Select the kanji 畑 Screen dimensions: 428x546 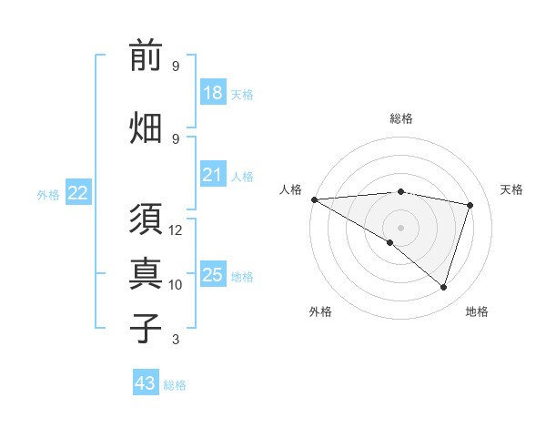[146, 127]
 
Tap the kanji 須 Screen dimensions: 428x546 [146, 219]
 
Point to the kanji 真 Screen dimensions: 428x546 [146, 273]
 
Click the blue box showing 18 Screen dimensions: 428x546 [213, 93]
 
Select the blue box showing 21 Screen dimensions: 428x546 [213, 175]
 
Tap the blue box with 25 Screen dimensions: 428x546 [213, 275]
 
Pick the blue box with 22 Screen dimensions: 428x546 [78, 192]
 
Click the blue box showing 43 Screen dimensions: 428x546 [146, 383]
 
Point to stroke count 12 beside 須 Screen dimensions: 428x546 [176, 230]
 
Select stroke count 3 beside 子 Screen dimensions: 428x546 [176, 340]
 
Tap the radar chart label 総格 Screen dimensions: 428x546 [401, 118]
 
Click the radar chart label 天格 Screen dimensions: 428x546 [511, 189]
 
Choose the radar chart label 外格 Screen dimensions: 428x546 [320, 311]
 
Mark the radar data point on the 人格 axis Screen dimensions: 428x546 [314, 199]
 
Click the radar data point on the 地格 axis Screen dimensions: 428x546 [443, 288]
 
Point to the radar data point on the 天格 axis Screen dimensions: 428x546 [470, 205]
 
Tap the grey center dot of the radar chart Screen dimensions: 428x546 [400, 227]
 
